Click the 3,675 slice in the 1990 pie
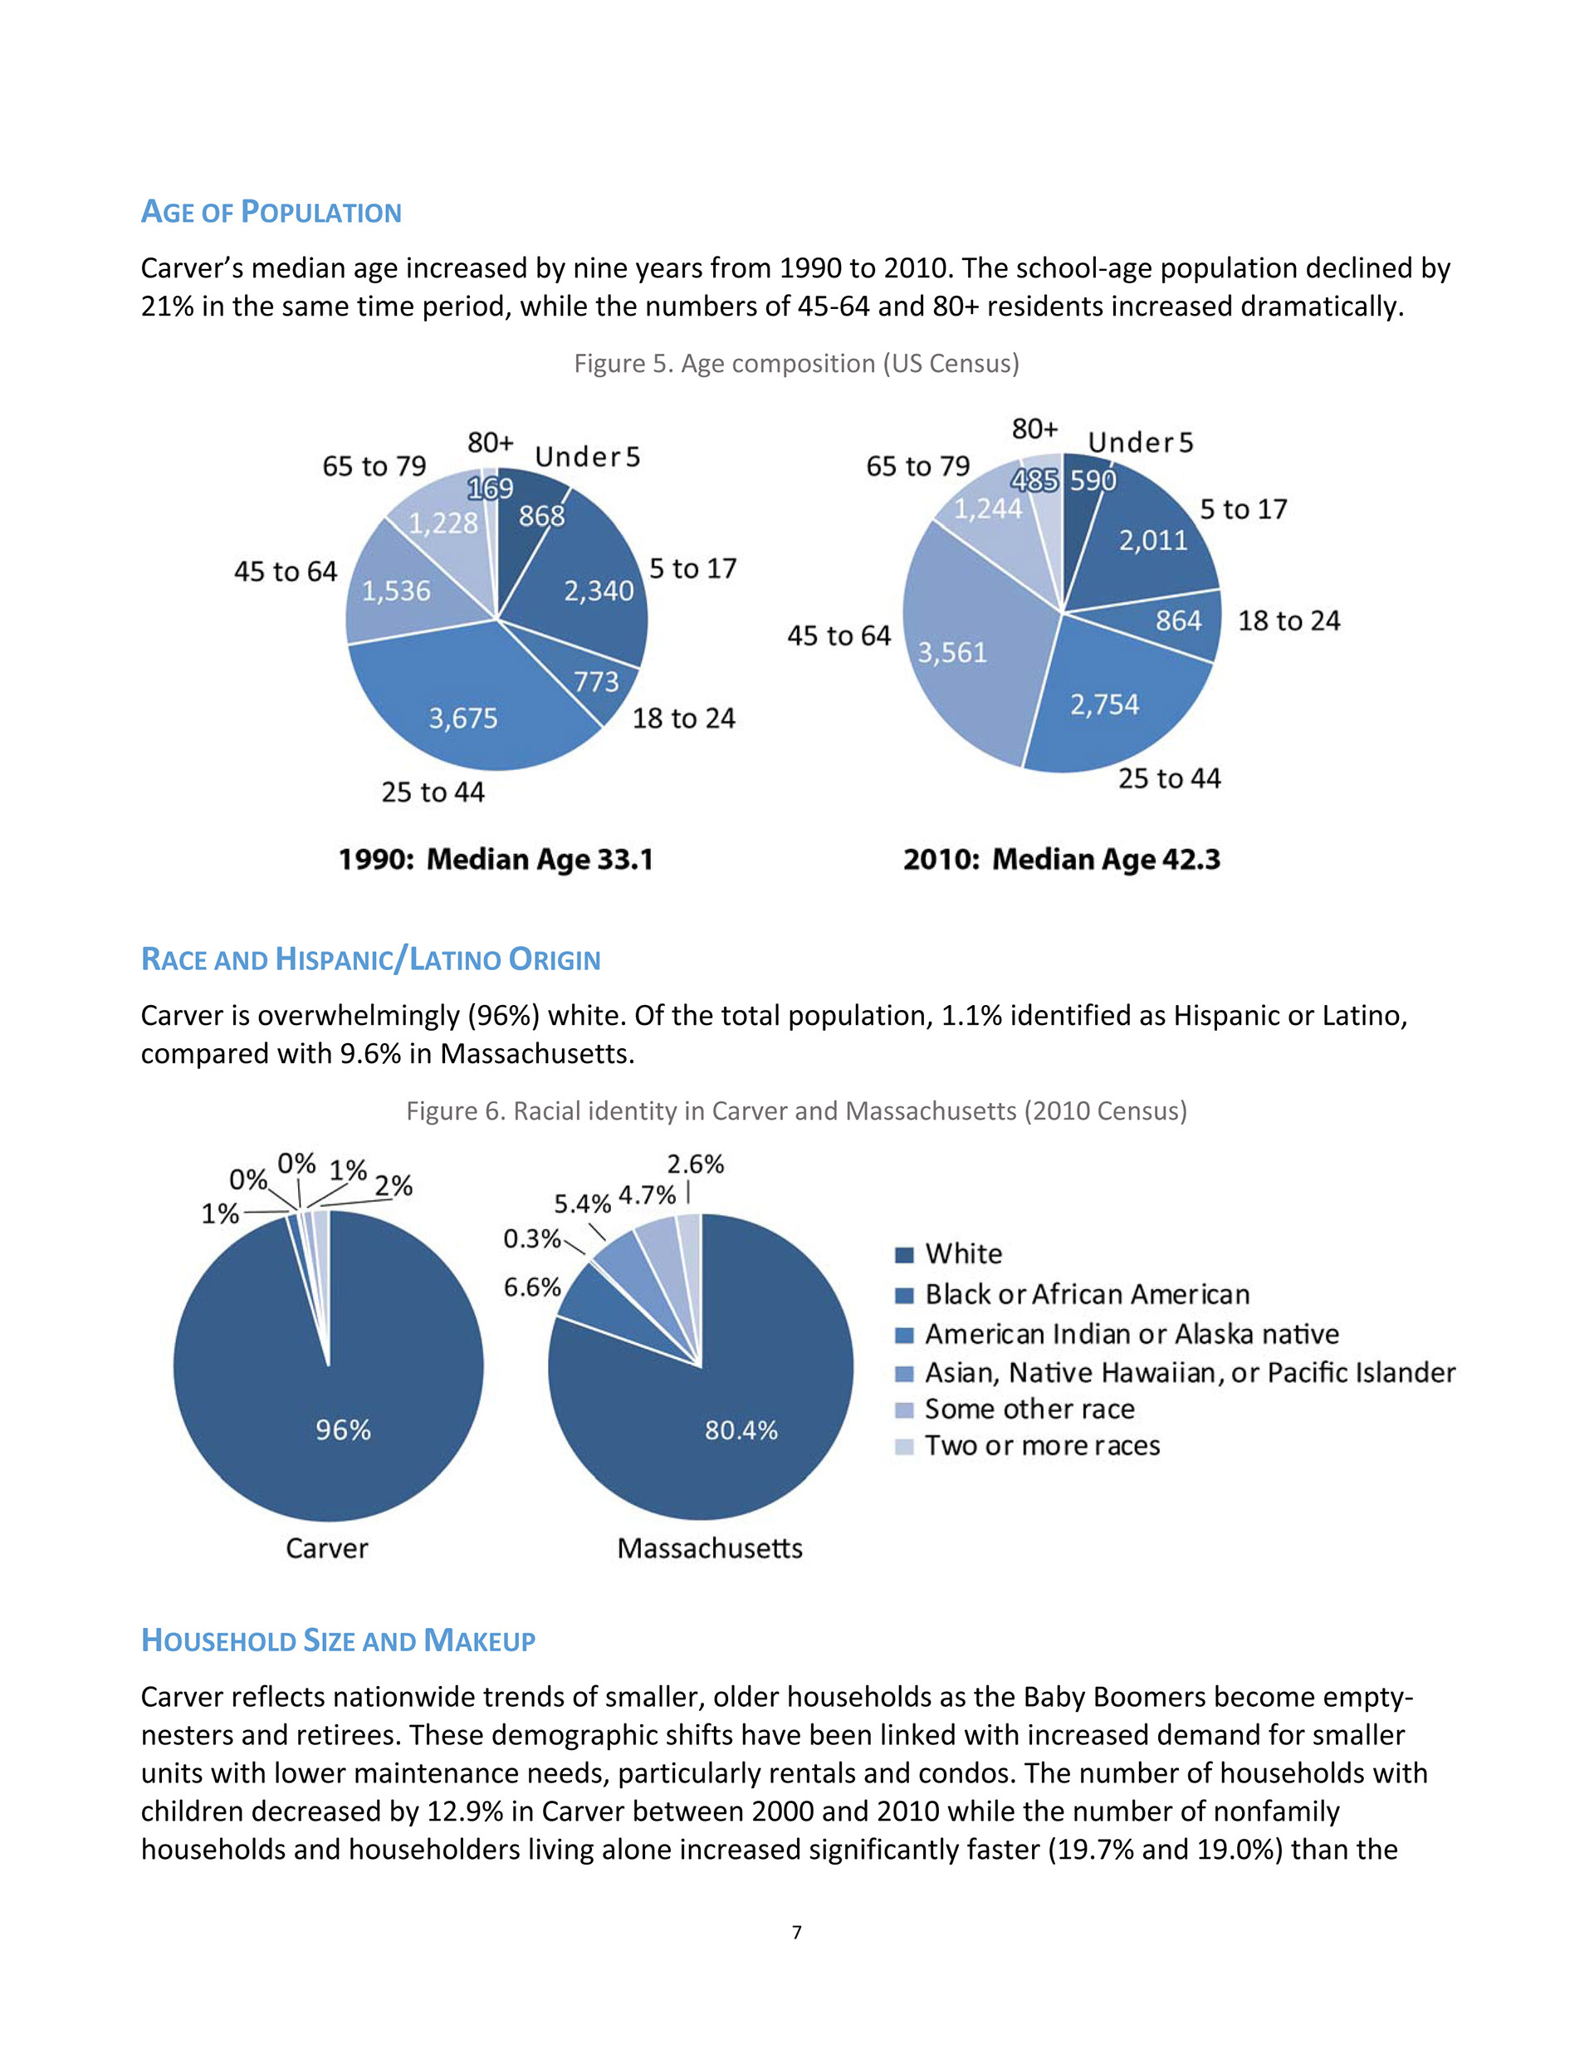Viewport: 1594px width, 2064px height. (463, 719)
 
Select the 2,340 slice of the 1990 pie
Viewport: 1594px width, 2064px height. (598, 591)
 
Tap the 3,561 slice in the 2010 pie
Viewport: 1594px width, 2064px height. (952, 653)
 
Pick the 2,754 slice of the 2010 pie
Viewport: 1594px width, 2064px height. (1104, 705)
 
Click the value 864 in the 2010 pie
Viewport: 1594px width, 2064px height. (1178, 621)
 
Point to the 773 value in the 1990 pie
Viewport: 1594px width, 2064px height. (596, 681)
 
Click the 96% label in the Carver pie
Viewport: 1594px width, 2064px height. (343, 1430)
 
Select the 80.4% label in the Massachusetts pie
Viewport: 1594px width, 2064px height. (741, 1431)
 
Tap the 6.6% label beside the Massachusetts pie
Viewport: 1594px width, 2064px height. (532, 1287)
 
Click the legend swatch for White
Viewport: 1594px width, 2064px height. (904, 1255)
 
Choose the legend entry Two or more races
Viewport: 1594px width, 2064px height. (1041, 1446)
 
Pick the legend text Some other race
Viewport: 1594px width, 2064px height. (1029, 1409)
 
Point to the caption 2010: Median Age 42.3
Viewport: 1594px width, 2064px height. (1061, 860)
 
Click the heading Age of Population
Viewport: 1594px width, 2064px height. (271, 212)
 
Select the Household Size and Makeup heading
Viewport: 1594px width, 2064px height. (338, 1640)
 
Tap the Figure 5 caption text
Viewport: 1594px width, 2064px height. (796, 364)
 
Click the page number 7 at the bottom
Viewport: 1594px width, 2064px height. (796, 1933)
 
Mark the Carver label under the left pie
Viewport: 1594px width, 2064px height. (327, 1549)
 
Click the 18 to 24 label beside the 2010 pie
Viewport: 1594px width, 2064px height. (1288, 621)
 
